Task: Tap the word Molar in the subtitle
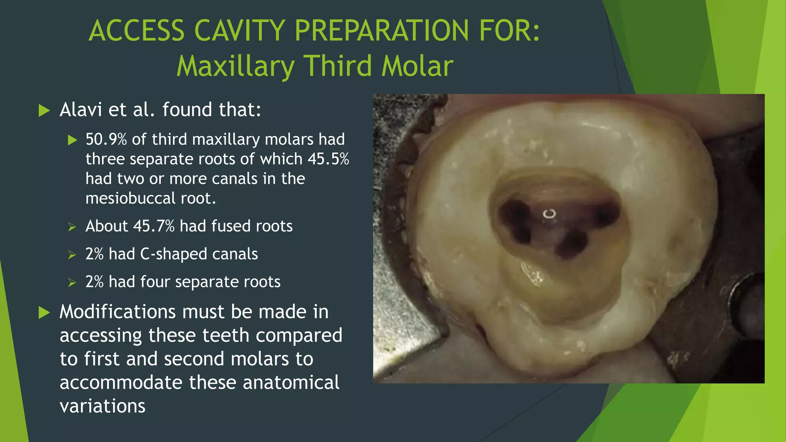[417, 66]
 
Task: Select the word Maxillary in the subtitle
[236, 66]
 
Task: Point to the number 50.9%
[106, 139]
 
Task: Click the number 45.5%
[329, 159]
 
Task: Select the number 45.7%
[154, 226]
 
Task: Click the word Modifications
[117, 312]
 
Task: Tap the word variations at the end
[102, 406]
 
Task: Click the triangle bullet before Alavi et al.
[45, 110]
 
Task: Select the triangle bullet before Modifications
[45, 313]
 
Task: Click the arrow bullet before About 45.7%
[72, 227]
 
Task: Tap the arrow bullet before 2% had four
[72, 283]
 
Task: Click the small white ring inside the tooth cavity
[549, 214]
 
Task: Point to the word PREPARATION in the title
[381, 31]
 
